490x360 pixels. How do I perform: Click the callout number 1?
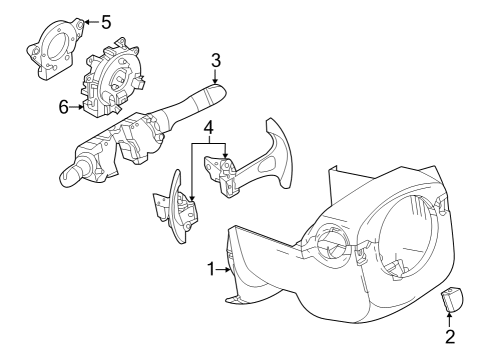tap(212, 268)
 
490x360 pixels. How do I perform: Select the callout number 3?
tap(215, 60)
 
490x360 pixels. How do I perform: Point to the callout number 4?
tap(208, 127)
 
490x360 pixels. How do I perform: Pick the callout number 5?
tap(106, 19)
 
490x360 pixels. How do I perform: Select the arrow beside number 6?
tap(78, 106)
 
